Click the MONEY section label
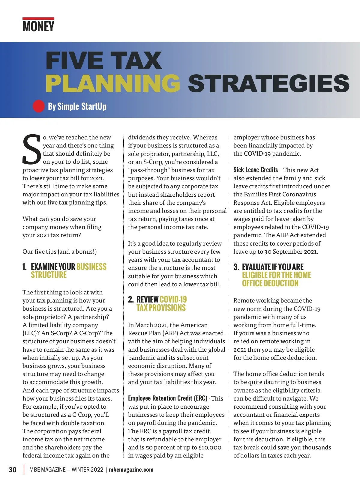38,26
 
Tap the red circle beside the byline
38,106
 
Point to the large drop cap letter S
31,150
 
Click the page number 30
13,470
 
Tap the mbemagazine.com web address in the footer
131,470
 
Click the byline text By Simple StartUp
77,106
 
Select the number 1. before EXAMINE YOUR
25,267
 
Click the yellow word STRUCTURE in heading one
49,275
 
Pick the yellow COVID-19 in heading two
173,300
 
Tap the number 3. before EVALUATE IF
236,267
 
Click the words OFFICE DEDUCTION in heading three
270,283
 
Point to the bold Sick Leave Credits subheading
256,170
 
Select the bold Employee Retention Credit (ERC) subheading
168,398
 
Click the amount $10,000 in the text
210,447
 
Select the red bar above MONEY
38,19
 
